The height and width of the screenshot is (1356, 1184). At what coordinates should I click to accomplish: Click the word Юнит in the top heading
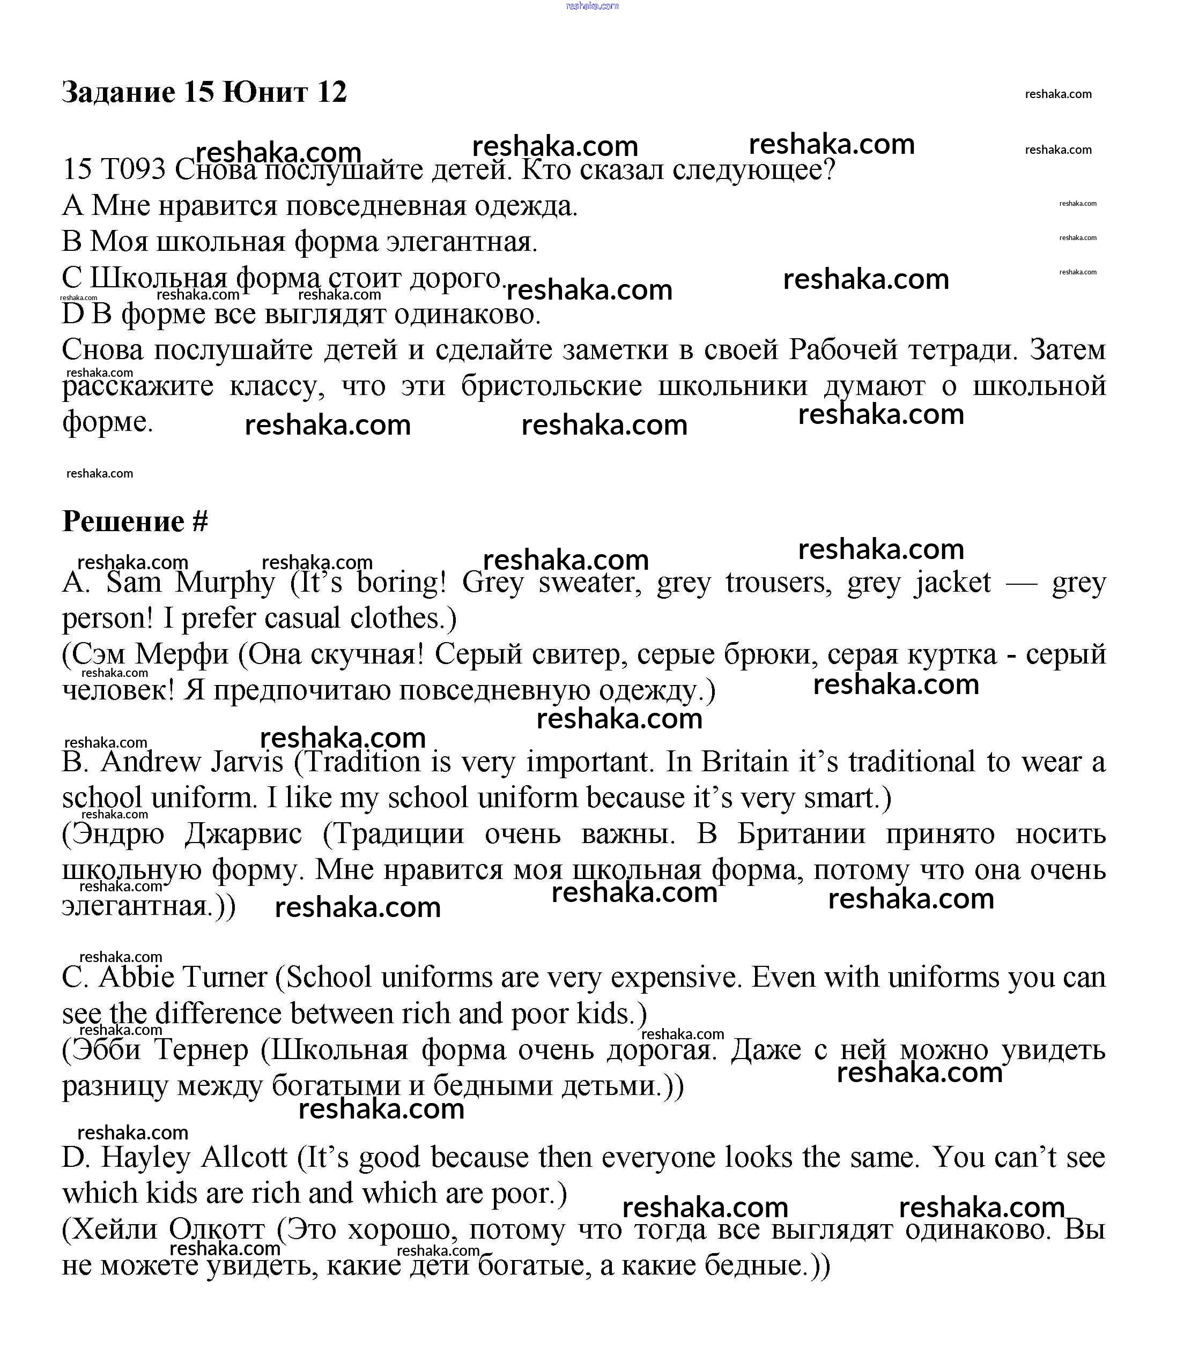265,92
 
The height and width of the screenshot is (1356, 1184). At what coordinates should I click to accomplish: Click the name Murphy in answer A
225,583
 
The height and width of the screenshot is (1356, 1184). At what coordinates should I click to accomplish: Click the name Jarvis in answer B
247,762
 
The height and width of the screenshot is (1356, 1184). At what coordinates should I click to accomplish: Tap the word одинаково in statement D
467,314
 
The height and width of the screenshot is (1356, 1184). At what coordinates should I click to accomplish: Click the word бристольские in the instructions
551,386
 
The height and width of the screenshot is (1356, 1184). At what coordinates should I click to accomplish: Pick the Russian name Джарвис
243,834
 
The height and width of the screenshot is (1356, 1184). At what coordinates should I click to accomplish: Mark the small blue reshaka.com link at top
592,6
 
